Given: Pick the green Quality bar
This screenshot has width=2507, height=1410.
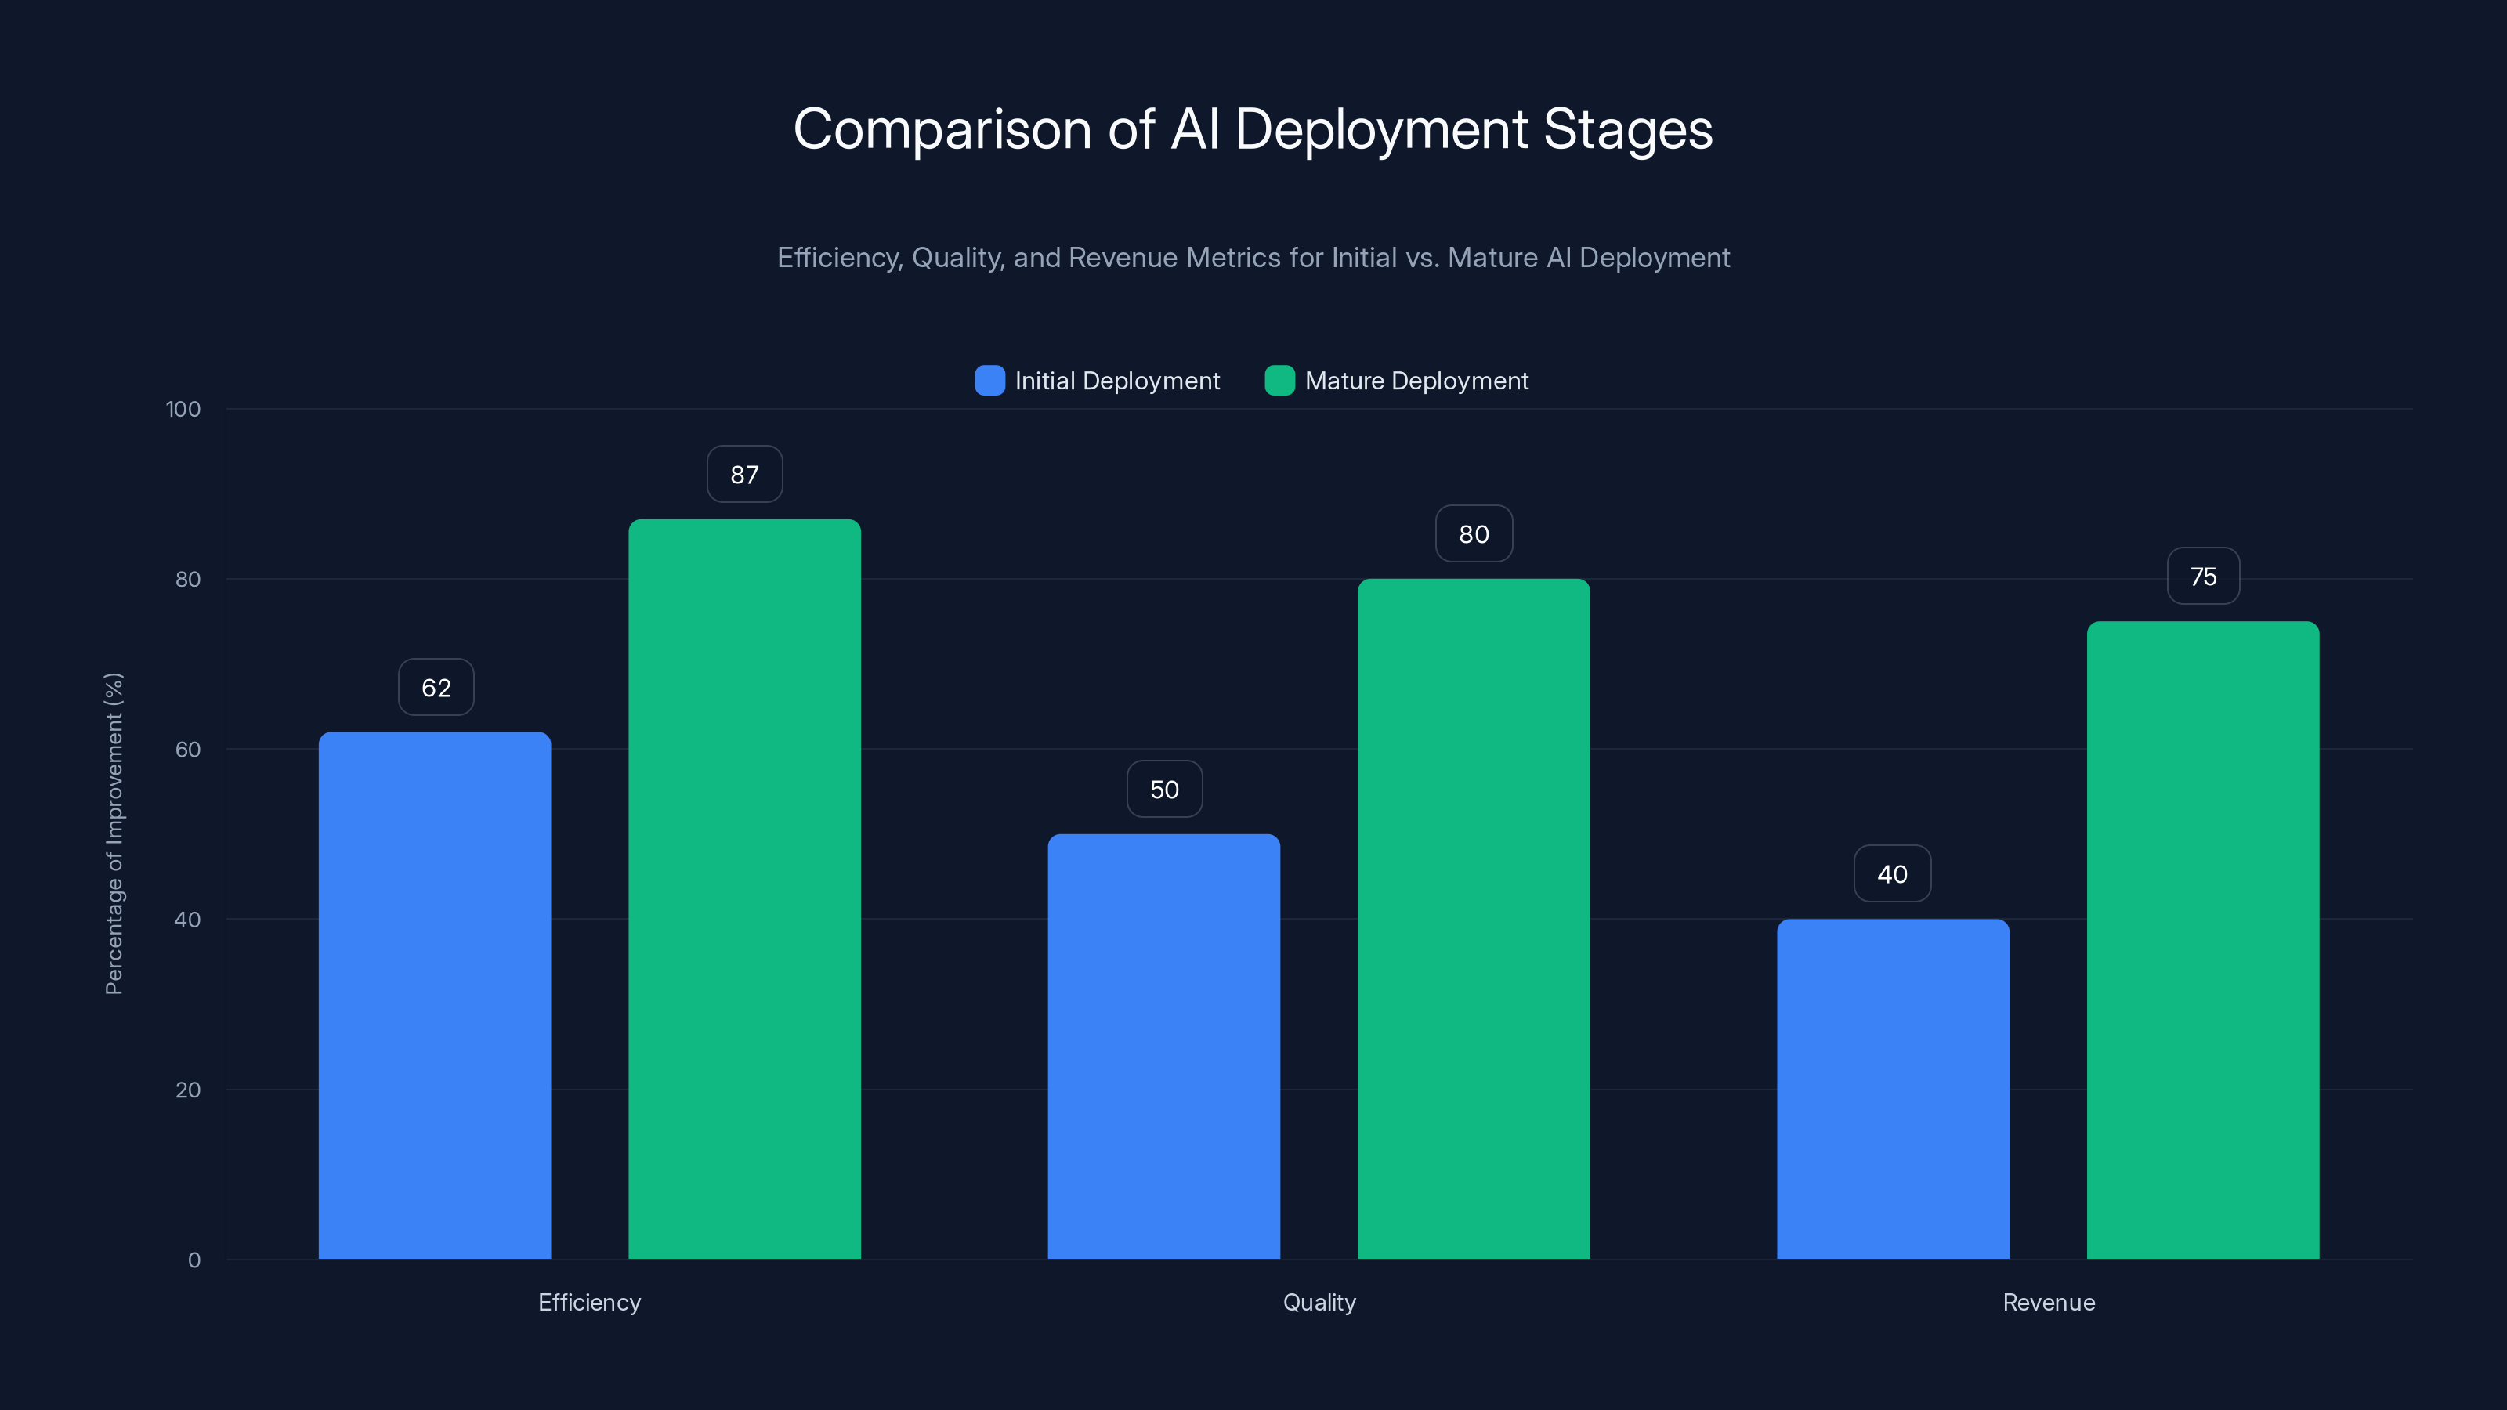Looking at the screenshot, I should pyautogui.click(x=1474, y=919).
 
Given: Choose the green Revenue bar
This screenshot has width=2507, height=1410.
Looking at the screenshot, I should pyautogui.click(x=2202, y=940).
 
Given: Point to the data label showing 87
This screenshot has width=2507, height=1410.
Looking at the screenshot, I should pyautogui.click(x=744, y=475).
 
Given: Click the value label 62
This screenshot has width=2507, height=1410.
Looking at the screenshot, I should pyautogui.click(x=436, y=688).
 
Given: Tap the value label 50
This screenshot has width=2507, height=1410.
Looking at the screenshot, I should pyautogui.click(x=1164, y=789).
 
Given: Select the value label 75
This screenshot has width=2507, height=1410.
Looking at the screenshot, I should pyautogui.click(x=2202, y=577).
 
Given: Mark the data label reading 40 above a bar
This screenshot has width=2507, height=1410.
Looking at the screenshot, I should pyautogui.click(x=1892, y=874).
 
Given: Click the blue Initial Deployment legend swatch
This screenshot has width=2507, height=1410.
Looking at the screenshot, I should pyautogui.click(x=989, y=381).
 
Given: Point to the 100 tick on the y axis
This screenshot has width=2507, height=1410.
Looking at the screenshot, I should pyautogui.click(x=183, y=410).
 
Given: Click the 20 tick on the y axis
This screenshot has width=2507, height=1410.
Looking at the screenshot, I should pyautogui.click(x=188, y=1090).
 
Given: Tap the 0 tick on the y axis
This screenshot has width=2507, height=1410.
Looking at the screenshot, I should pyautogui.click(x=194, y=1260).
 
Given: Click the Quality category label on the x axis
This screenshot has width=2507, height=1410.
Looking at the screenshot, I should pyautogui.click(x=1319, y=1302).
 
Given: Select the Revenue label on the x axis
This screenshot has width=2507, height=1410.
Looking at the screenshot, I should pyautogui.click(x=2048, y=1302).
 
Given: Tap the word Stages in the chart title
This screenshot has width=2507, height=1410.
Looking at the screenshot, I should pyautogui.click(x=1627, y=129).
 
